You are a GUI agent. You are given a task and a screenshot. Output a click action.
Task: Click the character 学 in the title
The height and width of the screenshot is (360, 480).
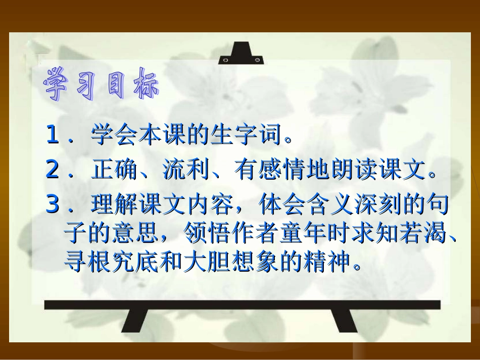click(59, 83)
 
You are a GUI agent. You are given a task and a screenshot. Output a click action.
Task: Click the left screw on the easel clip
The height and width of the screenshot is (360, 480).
click(225, 60)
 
